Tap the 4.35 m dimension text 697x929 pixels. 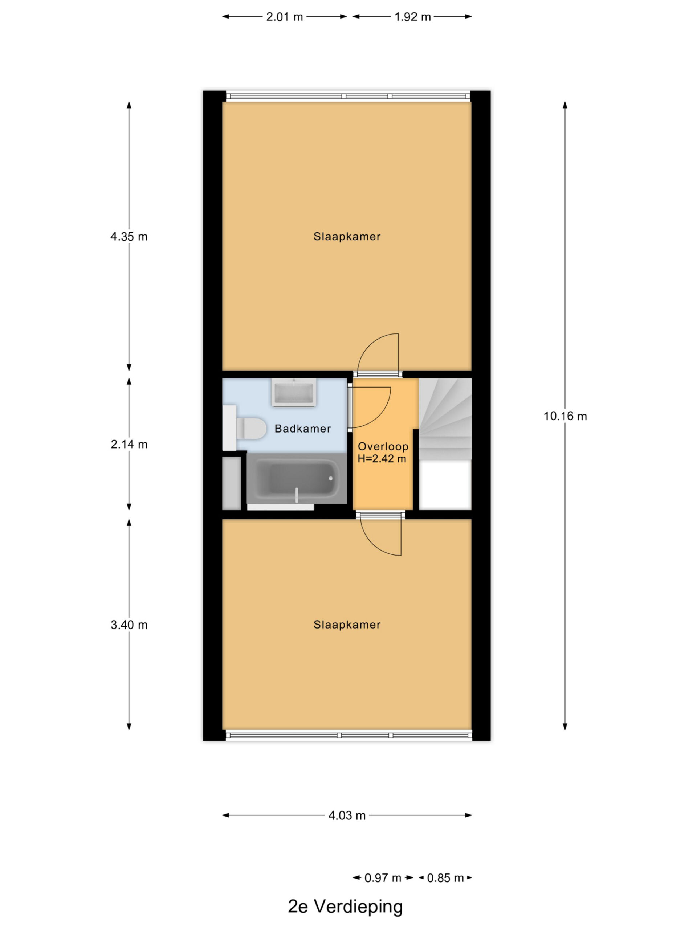tap(129, 237)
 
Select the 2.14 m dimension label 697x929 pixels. tap(129, 444)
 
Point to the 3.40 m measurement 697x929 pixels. tap(129, 625)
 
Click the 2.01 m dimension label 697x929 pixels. tap(285, 17)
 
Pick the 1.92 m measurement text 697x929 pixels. tap(412, 17)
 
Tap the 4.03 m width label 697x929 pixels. tap(347, 816)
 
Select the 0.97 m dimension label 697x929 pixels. tap(383, 878)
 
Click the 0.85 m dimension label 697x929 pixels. tap(445, 878)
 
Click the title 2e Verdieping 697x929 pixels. tap(345, 907)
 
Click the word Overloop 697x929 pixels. tap(383, 446)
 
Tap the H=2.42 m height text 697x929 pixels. tap(382, 459)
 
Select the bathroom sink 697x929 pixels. tap(294, 393)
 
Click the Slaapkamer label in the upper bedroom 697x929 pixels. tap(347, 237)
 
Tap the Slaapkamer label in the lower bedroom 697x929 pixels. tap(347, 625)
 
